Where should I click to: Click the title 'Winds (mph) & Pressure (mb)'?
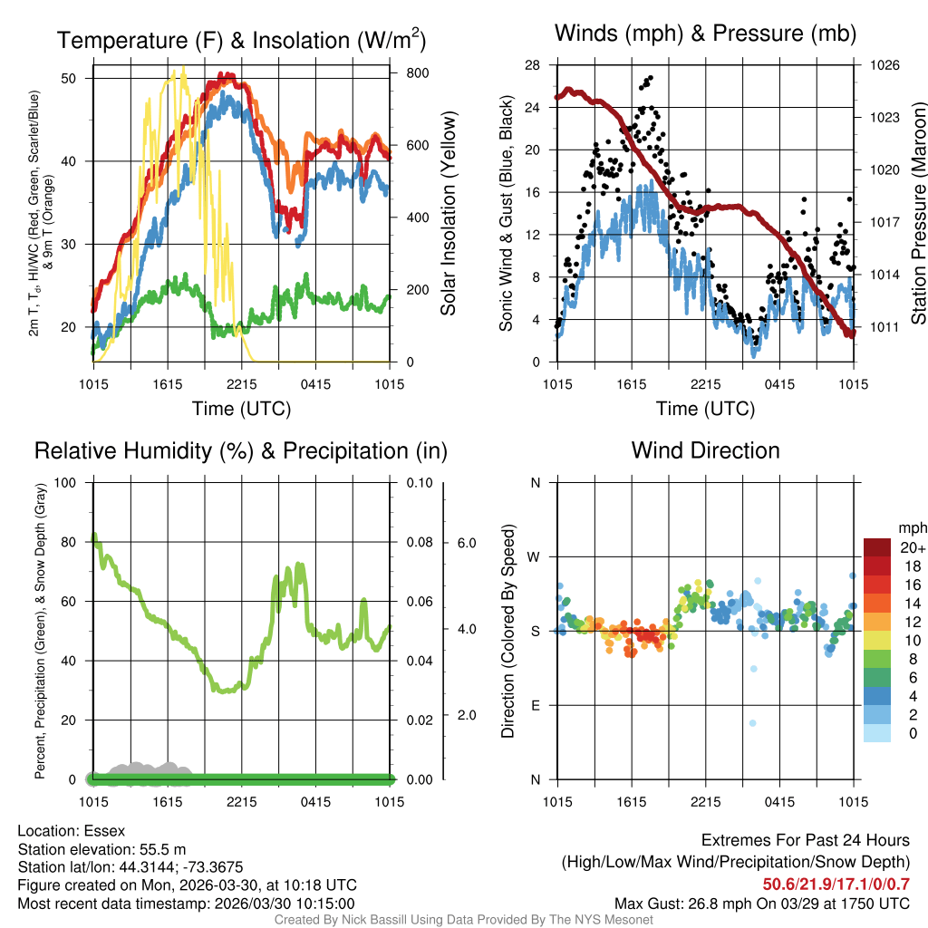705,34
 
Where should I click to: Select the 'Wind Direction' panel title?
705,450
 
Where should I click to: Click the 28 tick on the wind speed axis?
533,65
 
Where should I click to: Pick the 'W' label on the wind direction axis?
535,556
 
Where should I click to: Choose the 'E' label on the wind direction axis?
535,705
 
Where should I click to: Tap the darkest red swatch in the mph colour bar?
878,547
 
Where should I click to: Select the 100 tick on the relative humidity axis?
67,482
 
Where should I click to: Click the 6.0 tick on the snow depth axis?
467,543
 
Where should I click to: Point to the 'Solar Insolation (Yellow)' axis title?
449,214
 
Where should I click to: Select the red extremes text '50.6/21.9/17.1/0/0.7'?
836,884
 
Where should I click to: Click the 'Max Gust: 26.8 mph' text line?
762,903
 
